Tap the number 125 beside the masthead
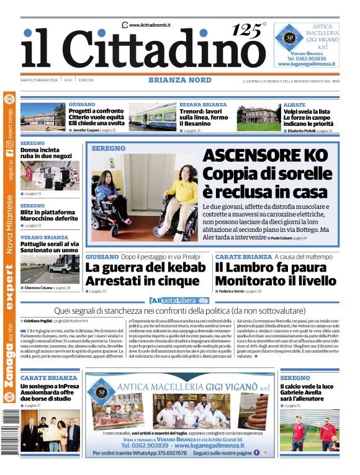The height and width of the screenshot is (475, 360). [x=246, y=30]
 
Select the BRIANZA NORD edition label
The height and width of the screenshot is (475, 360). [x=179, y=79]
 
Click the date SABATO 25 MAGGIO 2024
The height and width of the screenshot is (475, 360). [x=40, y=79]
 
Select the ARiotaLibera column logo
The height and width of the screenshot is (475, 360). [x=180, y=300]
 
